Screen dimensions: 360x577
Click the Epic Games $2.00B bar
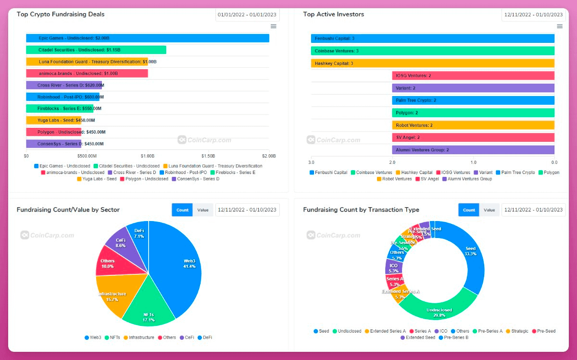[147, 38]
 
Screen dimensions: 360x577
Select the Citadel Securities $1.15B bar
[96, 50]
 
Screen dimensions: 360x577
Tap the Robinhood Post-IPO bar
[63, 97]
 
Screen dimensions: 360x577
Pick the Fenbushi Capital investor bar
[433, 38]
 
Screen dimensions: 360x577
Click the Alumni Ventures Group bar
[473, 150]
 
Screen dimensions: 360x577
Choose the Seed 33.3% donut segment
[469, 252]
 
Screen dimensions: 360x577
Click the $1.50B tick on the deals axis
[208, 156]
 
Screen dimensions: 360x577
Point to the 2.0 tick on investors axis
[392, 162]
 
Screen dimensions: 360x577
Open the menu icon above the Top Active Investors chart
[560, 26]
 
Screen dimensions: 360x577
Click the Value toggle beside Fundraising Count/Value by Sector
[202, 210]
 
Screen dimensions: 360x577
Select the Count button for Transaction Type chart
[469, 210]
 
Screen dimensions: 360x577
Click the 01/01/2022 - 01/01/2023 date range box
[247, 14]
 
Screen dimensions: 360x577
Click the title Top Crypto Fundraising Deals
[61, 14]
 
